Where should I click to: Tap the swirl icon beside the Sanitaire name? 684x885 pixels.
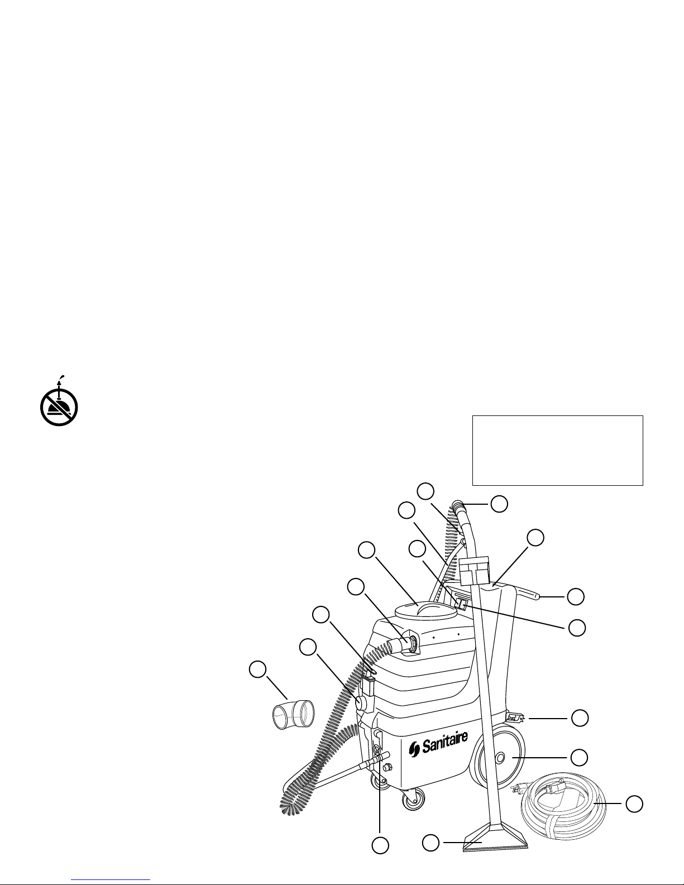(414, 750)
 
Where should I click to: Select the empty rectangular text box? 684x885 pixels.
(557, 451)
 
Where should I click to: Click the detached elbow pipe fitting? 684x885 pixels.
(293, 713)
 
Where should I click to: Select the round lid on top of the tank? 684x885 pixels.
(425, 611)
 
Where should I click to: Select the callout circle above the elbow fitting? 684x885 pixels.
(258, 670)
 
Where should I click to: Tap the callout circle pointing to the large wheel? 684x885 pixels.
(579, 758)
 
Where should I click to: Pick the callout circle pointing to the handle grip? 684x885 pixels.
(576, 597)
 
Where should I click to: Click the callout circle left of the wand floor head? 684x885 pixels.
(431, 843)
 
